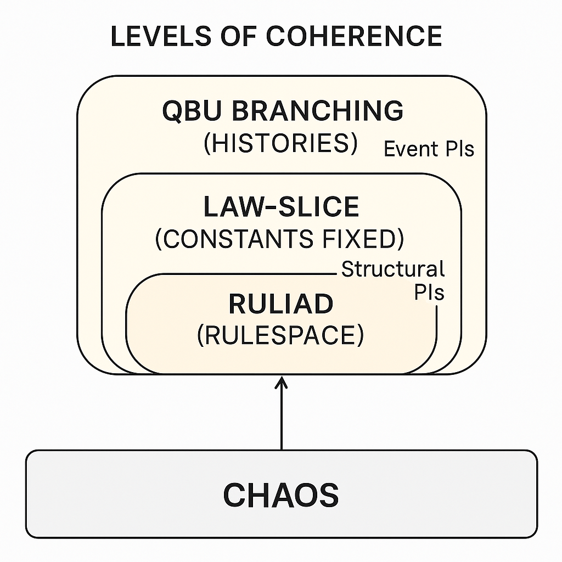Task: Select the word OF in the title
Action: (x=235, y=36)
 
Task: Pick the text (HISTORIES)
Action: (x=280, y=143)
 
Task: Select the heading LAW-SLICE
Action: (x=281, y=207)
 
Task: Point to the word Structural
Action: (x=392, y=269)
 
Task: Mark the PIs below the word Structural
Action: (x=429, y=293)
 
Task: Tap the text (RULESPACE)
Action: (x=280, y=335)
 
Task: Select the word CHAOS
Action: (x=280, y=495)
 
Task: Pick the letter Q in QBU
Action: (x=173, y=111)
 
